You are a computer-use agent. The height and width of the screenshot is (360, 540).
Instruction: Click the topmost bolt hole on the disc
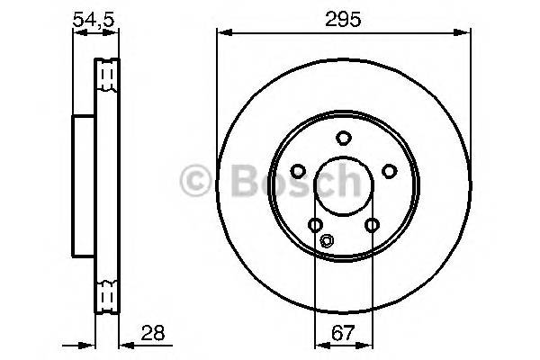343,138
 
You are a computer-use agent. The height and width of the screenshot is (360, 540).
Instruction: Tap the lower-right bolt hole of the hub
371,225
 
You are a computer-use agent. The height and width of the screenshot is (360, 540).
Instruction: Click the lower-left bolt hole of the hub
315,225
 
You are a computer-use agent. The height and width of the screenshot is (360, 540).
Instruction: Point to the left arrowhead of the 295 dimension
221,33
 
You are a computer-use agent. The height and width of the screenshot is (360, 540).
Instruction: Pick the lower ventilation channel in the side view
107,293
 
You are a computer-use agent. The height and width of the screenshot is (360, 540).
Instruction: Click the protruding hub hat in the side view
83,184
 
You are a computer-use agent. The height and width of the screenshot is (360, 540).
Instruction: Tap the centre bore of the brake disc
343,185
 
